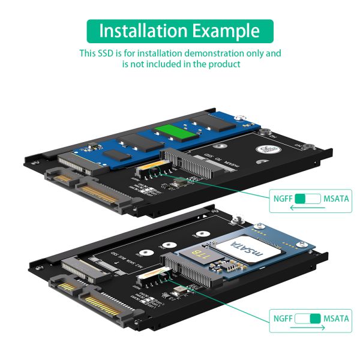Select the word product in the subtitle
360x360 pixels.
(x=224, y=64)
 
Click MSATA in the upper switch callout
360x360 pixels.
(x=336, y=199)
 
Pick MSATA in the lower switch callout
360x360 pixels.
(x=336, y=318)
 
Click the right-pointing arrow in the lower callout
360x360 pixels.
(x=310, y=328)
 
